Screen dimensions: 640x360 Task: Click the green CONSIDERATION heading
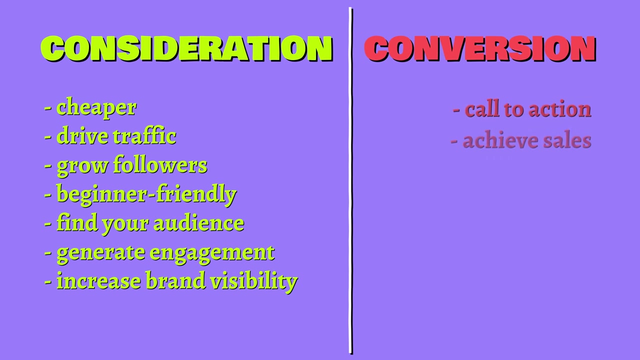pyautogui.click(x=187, y=48)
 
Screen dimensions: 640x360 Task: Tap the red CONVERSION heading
pyautogui.click(x=480, y=48)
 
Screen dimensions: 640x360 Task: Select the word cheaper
pyautogui.click(x=96, y=108)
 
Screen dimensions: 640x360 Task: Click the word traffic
pyautogui.click(x=145, y=136)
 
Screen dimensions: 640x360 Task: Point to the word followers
pyautogui.click(x=160, y=165)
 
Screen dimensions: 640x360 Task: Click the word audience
pyautogui.click(x=199, y=223)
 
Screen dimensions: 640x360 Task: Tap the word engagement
pyautogui.click(x=212, y=253)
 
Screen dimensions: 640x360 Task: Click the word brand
pyautogui.click(x=175, y=280)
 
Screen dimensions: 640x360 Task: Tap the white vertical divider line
pyautogui.click(x=350, y=180)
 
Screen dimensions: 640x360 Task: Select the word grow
pyautogui.click(x=82, y=166)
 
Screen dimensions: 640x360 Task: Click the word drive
pyautogui.click(x=82, y=136)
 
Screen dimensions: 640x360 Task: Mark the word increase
pyautogui.click(x=98, y=281)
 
